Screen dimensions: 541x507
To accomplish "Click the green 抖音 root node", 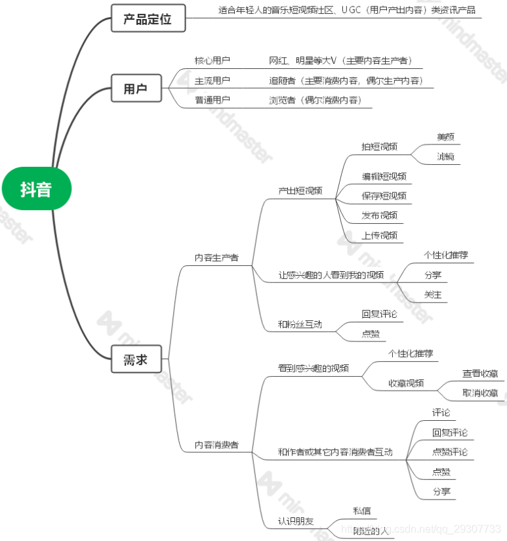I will tap(35, 190).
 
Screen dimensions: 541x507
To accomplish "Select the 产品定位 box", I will tap(148, 18).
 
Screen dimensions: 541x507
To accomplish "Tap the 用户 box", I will tap(135, 88).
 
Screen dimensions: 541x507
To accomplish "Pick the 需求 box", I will tap(135, 359).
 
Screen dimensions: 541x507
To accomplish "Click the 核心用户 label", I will tap(213, 60).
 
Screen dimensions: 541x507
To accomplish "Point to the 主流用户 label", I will tap(213, 81).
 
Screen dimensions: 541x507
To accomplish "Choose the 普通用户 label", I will tap(213, 100).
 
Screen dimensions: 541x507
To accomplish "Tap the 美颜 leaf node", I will tap(445, 137).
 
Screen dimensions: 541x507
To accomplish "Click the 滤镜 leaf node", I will tap(445, 156).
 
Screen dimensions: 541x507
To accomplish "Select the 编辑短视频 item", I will tap(384, 176).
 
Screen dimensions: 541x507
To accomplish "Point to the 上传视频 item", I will tap(379, 235).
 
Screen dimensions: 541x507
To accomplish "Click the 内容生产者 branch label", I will tap(216, 258).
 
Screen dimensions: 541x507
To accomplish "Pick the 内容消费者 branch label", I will tap(216, 445).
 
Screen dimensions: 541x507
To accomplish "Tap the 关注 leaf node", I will tap(432, 295).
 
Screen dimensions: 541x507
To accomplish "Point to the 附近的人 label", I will tap(370, 530).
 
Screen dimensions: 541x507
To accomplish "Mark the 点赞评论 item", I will tap(449, 452).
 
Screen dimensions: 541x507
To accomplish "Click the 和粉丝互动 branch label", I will tap(300, 324).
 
